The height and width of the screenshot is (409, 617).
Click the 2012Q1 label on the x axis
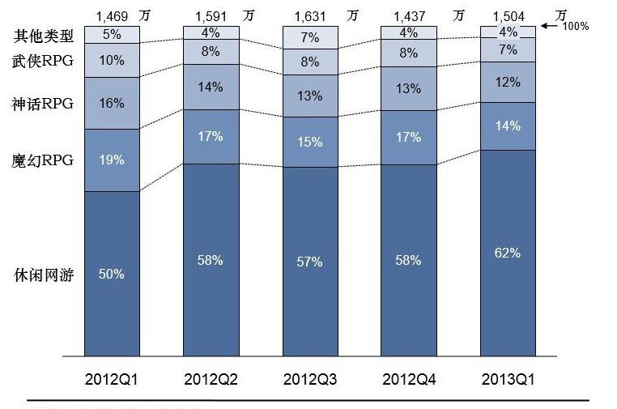pos(112,379)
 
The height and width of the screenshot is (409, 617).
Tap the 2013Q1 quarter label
pos(508,379)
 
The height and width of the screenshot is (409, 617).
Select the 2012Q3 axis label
pos(310,379)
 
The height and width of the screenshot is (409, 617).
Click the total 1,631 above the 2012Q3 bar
pos(309,15)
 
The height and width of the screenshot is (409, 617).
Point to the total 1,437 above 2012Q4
pos(409,15)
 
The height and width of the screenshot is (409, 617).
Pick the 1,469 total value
pos(112,15)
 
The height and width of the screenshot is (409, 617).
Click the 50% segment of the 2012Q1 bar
pos(112,274)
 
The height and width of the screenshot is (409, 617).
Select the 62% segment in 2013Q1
pos(508,253)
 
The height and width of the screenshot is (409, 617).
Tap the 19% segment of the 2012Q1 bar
pos(112,160)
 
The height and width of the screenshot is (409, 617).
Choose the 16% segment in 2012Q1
pos(112,103)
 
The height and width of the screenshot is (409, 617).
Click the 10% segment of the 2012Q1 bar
pos(112,60)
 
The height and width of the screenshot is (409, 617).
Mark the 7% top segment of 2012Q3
pos(310,38)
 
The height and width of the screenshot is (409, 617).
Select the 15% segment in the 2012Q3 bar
pos(310,142)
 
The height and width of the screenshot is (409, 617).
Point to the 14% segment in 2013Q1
pos(508,126)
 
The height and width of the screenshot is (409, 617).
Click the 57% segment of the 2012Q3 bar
pos(310,262)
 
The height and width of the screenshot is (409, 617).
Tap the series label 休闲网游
pos(44,275)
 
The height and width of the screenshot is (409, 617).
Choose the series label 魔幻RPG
pos(43,160)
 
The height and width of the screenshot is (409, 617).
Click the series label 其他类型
pos(44,36)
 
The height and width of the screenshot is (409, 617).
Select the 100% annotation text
pos(575,26)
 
